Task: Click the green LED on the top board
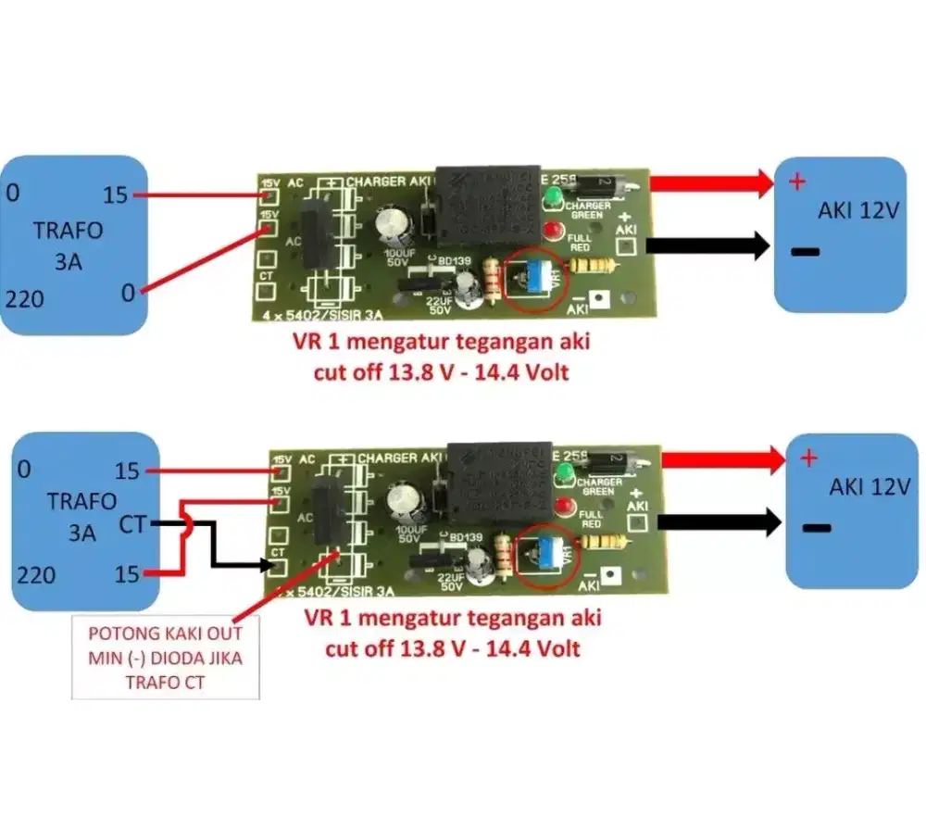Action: (553, 196)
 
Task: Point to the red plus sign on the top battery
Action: (796, 182)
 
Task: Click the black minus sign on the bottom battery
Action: (816, 529)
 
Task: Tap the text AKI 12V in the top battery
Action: (858, 210)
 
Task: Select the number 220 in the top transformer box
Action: (25, 299)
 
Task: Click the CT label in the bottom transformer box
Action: (132, 525)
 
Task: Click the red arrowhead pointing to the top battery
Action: (762, 183)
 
